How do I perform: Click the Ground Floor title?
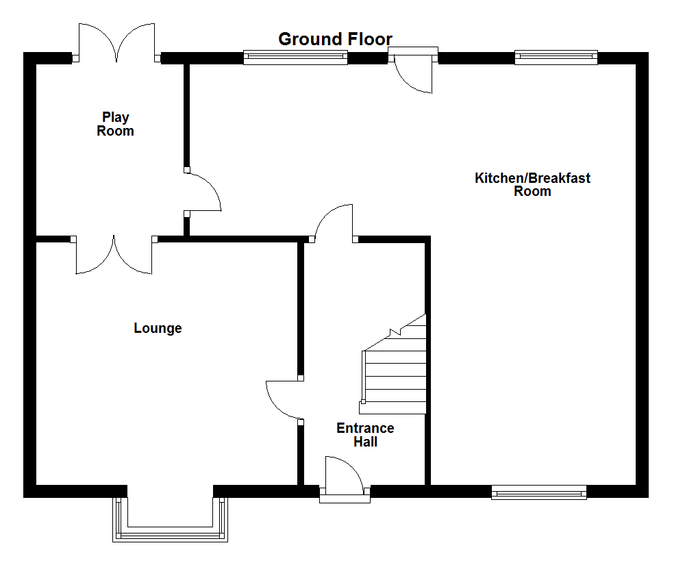coord(335,39)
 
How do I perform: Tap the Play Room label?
coord(115,124)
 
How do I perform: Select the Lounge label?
coord(158,328)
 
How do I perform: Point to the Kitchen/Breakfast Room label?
coord(532,184)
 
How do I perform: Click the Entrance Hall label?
coord(365,435)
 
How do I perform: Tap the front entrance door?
coord(345,479)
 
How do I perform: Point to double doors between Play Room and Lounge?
coord(114,255)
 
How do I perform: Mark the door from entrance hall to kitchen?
coord(334,223)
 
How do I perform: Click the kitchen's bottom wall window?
coord(538,491)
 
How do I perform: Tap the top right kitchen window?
coord(556,58)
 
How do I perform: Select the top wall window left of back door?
coord(295,58)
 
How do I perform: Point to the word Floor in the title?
coord(369,39)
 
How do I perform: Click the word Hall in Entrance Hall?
coord(365,442)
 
